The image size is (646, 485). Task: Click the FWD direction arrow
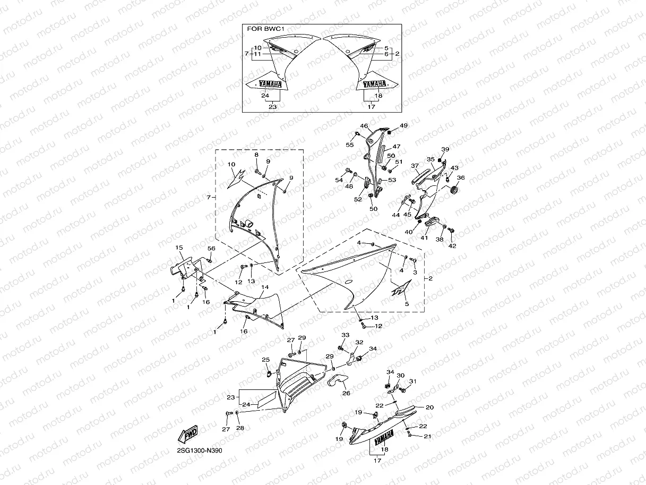(x=188, y=433)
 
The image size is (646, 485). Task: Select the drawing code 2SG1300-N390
(x=200, y=450)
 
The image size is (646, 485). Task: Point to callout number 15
(x=179, y=248)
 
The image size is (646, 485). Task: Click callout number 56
(x=211, y=249)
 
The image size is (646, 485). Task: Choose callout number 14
(x=264, y=287)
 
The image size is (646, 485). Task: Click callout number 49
(x=403, y=126)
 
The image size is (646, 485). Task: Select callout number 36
(x=461, y=178)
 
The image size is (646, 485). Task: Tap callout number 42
(x=452, y=246)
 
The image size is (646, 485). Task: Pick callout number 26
(x=346, y=394)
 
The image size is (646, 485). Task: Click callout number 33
(x=346, y=335)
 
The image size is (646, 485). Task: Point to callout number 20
(x=429, y=407)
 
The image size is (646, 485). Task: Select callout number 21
(x=427, y=437)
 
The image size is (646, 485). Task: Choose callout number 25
(x=265, y=360)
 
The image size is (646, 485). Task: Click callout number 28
(x=240, y=428)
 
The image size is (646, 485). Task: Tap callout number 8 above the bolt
(x=256, y=155)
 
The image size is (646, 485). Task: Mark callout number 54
(x=339, y=181)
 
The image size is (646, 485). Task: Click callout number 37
(x=415, y=166)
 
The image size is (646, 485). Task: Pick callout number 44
(x=395, y=215)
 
